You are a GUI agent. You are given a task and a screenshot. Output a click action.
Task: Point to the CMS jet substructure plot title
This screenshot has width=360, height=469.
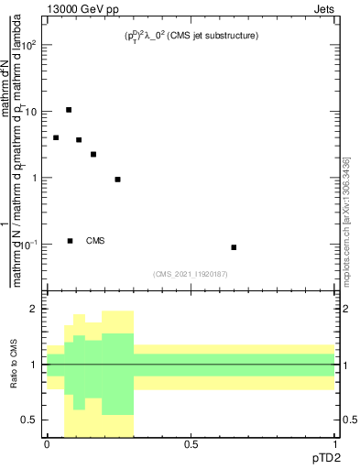(x=191, y=36)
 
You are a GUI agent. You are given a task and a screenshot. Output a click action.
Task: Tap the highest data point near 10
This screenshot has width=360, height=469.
(x=69, y=110)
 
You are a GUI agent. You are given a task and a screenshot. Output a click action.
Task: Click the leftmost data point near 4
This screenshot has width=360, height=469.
(x=56, y=137)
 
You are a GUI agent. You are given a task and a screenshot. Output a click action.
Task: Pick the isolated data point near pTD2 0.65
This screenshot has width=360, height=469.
(x=234, y=247)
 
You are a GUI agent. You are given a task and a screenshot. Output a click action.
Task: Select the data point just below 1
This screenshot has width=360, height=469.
(x=117, y=180)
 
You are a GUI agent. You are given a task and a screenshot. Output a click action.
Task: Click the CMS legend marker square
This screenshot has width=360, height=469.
(x=70, y=241)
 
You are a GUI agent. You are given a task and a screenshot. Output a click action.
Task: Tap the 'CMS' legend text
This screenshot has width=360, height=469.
(x=95, y=241)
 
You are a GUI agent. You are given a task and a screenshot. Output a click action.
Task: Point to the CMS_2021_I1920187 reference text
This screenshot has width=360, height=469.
(x=190, y=273)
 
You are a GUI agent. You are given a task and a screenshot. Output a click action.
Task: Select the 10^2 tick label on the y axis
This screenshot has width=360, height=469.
(x=31, y=44)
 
